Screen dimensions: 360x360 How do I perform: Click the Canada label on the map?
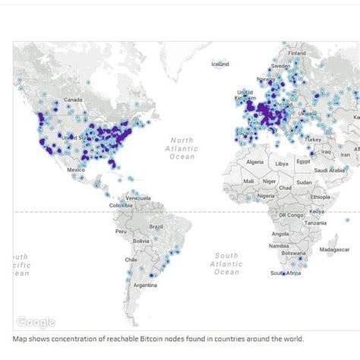[73, 99]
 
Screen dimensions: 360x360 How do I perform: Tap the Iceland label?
[219, 64]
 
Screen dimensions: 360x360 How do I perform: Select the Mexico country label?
[76, 169]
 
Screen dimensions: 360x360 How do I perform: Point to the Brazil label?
[156, 226]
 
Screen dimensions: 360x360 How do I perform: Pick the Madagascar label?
[334, 249]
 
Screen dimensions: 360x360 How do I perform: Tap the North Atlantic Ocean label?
[182, 148]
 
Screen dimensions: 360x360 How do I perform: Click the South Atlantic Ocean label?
[226, 264]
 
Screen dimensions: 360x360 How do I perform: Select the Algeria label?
[254, 162]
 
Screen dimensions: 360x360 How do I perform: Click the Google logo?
[36, 321]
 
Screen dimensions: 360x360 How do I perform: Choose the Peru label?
[121, 231]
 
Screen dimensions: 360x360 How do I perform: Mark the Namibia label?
[279, 246]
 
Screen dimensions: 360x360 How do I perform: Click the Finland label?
[296, 53]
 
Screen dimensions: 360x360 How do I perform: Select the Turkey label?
[313, 140]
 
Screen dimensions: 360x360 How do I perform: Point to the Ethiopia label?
[321, 197]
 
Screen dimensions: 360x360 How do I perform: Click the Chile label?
[130, 259]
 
